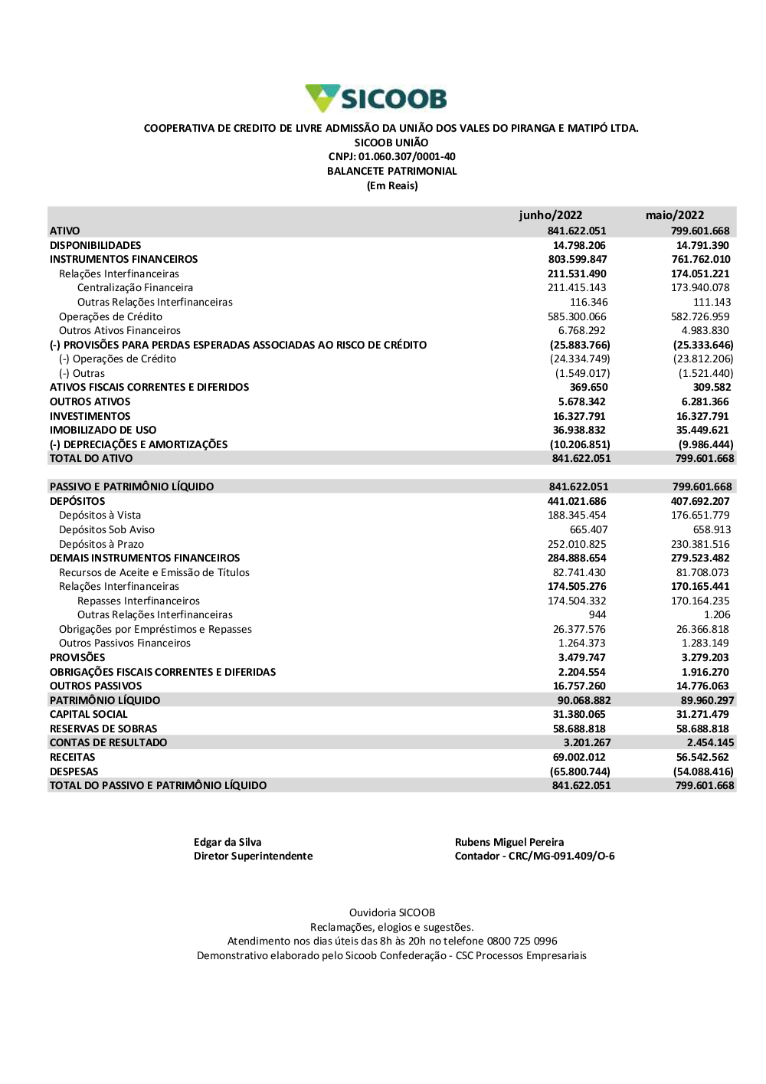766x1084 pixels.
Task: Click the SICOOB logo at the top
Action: tap(376, 99)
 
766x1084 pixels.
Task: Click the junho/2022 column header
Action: tap(550, 215)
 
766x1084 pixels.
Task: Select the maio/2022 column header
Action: tap(674, 215)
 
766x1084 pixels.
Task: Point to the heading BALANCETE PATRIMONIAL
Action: tap(391, 172)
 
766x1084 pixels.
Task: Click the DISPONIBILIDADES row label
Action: tap(96, 245)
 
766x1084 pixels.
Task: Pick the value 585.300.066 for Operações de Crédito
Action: tap(577, 316)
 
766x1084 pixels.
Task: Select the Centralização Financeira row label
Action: tap(135, 288)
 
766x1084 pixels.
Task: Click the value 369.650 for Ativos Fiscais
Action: tap(588, 388)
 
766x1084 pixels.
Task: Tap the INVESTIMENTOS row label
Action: tap(90, 416)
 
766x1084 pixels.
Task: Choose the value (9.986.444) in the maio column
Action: tap(705, 444)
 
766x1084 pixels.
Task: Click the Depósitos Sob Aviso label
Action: tap(106, 529)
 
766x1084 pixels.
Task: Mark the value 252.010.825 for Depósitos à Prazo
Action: tap(577, 544)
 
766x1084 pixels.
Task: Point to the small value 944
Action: tap(597, 615)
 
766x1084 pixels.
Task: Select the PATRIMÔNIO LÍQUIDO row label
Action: tap(105, 700)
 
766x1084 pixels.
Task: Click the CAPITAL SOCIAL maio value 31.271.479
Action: tap(702, 714)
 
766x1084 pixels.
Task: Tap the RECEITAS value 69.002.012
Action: tap(579, 757)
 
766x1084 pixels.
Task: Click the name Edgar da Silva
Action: tap(228, 842)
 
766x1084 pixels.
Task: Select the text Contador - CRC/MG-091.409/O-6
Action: tap(535, 856)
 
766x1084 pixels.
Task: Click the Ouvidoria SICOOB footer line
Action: tap(392, 913)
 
